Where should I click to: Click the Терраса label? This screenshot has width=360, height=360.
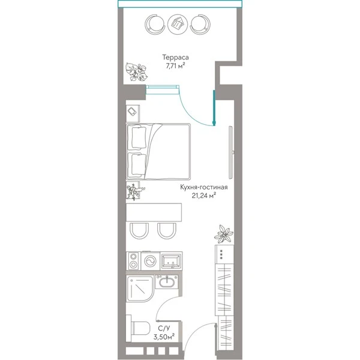pyautogui.click(x=175, y=57)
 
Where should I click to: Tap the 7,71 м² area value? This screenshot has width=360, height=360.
pyautogui.click(x=175, y=66)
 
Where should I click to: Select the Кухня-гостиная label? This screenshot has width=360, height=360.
pyautogui.click(x=204, y=187)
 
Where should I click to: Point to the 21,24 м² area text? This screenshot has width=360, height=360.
pyautogui.click(x=204, y=196)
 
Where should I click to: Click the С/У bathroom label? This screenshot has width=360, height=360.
pyautogui.click(x=164, y=329)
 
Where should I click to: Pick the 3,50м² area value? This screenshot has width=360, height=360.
pyautogui.click(x=164, y=337)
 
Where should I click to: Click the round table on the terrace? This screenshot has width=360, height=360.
pyautogui.click(x=178, y=24)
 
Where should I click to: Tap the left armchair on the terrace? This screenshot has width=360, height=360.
pyautogui.click(x=155, y=24)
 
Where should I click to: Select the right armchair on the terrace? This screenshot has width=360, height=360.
pyautogui.click(x=200, y=24)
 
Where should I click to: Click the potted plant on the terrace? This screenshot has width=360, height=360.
pyautogui.click(x=137, y=72)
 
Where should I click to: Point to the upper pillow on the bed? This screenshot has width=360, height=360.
pyautogui.click(x=139, y=138)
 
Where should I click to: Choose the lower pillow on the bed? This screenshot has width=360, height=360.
pyautogui.click(x=138, y=165)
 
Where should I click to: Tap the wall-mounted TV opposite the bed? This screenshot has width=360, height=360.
pyautogui.click(x=232, y=152)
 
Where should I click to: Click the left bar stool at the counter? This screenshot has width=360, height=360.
pyautogui.click(x=139, y=230)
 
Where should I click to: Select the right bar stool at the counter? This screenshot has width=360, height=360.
pyautogui.click(x=167, y=230)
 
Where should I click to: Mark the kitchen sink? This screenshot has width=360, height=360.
pyautogui.click(x=171, y=260)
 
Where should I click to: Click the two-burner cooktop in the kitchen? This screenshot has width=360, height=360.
pyautogui.click(x=133, y=261)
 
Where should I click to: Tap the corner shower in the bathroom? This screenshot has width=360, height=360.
pyautogui.click(x=140, y=289)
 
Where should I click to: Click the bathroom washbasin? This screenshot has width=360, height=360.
pyautogui.click(x=167, y=282)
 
